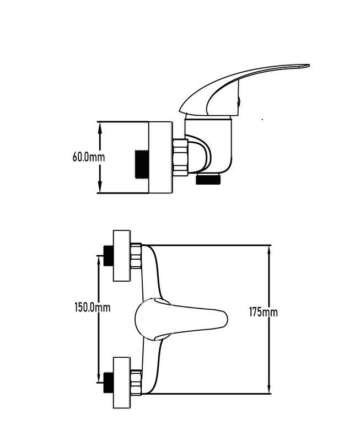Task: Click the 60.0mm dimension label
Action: [89, 157]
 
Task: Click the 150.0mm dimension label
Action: [93, 308]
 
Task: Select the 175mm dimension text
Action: [264, 312]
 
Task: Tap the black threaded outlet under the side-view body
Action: [208, 179]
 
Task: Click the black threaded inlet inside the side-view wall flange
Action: [142, 164]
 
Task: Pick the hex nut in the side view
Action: [180, 157]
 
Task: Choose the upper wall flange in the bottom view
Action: [122, 256]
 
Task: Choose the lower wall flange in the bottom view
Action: [122, 383]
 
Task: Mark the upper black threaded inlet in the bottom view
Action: [108, 256]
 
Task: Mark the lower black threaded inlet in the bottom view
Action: [108, 383]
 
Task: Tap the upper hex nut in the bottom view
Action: [136, 256]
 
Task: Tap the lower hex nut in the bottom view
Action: [136, 383]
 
